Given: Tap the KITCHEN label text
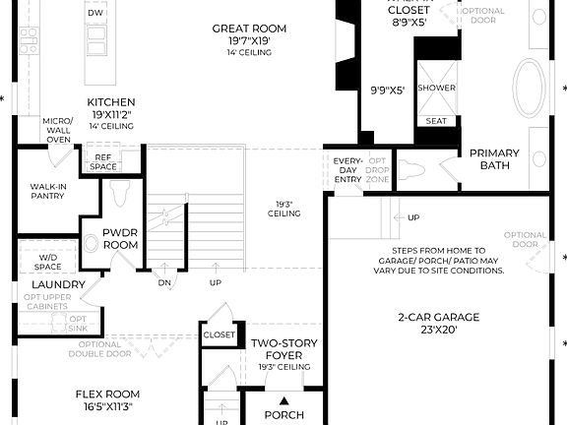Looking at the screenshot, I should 111,102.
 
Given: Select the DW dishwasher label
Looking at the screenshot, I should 95,14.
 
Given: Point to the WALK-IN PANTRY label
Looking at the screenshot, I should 47,191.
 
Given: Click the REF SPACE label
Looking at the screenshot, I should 102,161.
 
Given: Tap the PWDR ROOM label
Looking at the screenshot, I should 125,239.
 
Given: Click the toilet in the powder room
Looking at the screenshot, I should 121,192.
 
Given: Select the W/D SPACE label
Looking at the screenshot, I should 48,263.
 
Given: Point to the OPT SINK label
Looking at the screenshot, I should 78,325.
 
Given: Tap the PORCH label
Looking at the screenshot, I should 284,414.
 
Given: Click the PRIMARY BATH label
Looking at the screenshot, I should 494,158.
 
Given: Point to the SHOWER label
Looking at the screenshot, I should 436,88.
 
